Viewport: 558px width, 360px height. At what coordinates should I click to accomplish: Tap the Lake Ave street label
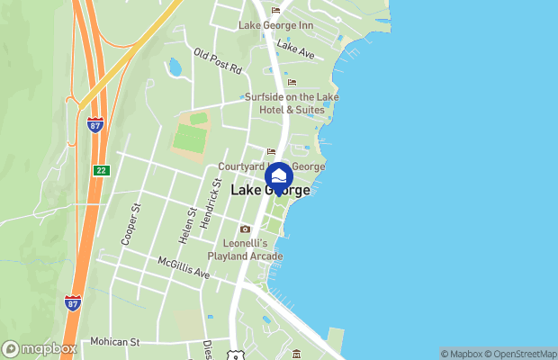[295, 49]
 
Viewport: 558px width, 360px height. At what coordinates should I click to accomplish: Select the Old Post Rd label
[218, 62]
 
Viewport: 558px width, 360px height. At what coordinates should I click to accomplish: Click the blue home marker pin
[279, 176]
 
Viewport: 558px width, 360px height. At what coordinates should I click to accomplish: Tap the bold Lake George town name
[271, 191]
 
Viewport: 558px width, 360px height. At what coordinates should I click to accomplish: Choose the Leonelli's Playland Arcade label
[245, 249]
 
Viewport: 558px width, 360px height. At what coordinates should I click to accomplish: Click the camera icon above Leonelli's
[245, 229]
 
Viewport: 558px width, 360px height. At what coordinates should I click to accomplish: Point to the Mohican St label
[115, 342]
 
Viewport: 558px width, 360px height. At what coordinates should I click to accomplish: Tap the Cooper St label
[131, 225]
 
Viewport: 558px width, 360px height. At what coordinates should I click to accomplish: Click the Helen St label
[186, 224]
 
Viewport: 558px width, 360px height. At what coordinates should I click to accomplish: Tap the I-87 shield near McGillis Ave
[73, 303]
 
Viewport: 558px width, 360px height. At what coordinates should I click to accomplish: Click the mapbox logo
[39, 349]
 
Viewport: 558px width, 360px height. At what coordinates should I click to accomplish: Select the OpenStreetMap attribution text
[523, 354]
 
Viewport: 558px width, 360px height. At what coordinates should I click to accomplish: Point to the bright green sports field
[190, 138]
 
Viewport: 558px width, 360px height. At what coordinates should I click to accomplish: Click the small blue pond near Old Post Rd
[175, 67]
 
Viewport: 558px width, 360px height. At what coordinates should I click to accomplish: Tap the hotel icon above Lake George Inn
[276, 11]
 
